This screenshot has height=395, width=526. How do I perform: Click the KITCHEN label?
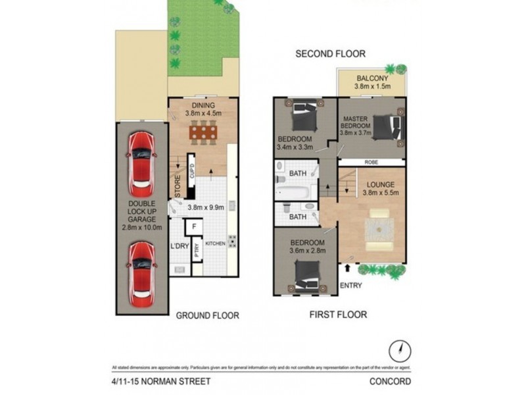point(216,244)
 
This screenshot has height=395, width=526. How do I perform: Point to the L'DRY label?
point(179,246)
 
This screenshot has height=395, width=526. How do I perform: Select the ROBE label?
point(372,161)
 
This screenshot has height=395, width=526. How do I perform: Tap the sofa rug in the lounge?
point(380,228)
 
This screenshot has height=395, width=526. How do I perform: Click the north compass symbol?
point(396,349)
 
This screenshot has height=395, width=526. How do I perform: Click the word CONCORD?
point(391,381)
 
